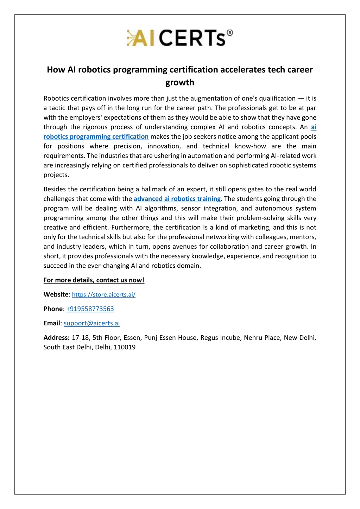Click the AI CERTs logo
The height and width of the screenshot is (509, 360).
point(179,38)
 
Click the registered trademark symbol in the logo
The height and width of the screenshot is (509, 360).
point(229,33)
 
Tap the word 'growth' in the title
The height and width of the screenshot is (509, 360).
point(180,82)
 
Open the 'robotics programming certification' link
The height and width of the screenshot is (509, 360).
point(96,136)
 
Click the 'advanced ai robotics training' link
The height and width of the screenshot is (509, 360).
point(177,199)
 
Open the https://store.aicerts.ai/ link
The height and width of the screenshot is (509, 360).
point(104,294)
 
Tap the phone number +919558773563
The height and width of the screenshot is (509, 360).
point(90,309)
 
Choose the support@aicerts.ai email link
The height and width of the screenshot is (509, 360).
point(91,323)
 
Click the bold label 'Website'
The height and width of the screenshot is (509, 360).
point(56,294)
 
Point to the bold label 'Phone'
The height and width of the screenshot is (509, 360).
point(53,309)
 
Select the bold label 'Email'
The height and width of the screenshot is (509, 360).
point(52,323)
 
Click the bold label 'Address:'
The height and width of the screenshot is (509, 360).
point(57,338)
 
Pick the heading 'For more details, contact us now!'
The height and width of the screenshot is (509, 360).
point(94,280)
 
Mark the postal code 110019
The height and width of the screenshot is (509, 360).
point(125,347)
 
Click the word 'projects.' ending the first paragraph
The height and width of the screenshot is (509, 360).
point(56,175)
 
